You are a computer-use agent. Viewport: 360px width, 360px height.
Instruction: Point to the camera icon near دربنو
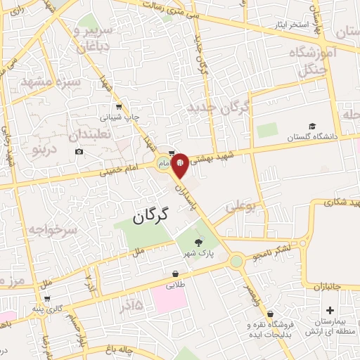79,152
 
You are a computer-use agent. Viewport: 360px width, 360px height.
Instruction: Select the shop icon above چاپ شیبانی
119,106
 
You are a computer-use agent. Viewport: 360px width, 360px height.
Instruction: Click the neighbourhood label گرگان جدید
219,108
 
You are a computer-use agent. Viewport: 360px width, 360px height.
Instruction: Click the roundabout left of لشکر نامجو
236,262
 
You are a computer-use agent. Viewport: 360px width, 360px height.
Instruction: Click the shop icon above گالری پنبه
46,299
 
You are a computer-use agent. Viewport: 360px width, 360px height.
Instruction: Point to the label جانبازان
326,288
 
